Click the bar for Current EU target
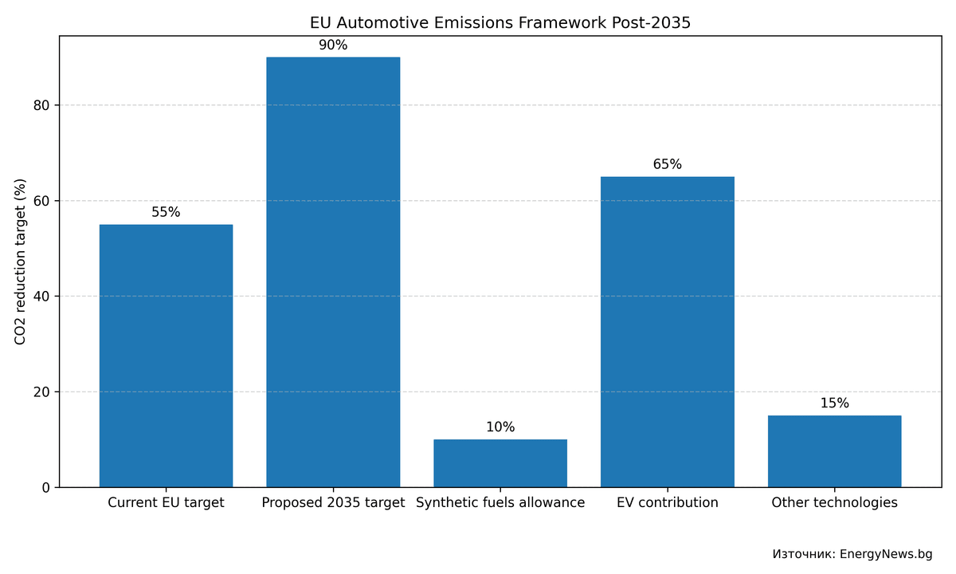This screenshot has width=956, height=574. point(166,356)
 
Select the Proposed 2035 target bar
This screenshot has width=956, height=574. point(333,272)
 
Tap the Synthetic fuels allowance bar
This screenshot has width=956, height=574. point(500,463)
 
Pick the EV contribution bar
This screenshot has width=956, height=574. point(668,332)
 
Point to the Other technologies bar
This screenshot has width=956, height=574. point(834,451)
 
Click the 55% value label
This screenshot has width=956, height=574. point(166,213)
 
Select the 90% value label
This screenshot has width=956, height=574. point(333,45)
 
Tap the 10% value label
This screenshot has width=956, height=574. point(500,427)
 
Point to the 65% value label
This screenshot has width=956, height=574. point(668,165)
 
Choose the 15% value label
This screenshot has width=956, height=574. point(834,403)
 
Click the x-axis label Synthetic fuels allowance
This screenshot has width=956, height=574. point(500,503)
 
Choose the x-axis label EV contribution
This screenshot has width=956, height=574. point(668,503)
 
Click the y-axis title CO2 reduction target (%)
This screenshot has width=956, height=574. point(21,261)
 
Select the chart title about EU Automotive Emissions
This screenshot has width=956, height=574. point(500,23)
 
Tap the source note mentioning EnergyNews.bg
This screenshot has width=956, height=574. point(852,554)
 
